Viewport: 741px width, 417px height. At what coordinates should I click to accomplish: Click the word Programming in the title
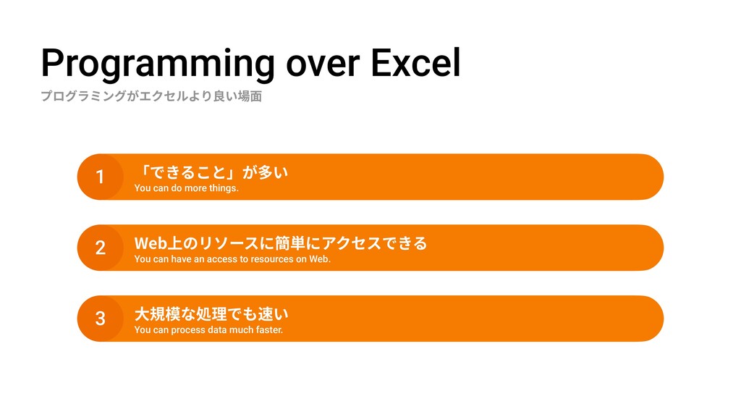pyautogui.click(x=158, y=64)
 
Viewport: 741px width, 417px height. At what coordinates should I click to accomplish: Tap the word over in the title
pyautogui.click(x=323, y=64)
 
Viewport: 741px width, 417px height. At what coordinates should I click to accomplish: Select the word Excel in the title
pyautogui.click(x=415, y=62)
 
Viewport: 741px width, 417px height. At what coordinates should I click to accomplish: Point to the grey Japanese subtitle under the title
pyautogui.click(x=151, y=96)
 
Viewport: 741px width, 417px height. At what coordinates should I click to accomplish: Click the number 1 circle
pyautogui.click(x=100, y=177)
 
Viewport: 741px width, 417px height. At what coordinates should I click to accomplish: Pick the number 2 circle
pyautogui.click(x=100, y=248)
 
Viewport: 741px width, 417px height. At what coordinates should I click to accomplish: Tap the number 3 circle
pyautogui.click(x=100, y=319)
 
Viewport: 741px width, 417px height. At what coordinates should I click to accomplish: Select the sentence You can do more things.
pyautogui.click(x=186, y=188)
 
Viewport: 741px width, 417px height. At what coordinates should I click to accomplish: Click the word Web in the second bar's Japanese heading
pyautogui.click(x=151, y=243)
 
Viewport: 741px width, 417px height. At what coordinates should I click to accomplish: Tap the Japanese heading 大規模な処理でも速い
pyautogui.click(x=211, y=314)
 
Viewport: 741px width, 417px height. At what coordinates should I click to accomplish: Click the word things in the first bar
pyautogui.click(x=224, y=188)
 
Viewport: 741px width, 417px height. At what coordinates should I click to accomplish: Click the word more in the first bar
pyautogui.click(x=195, y=188)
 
